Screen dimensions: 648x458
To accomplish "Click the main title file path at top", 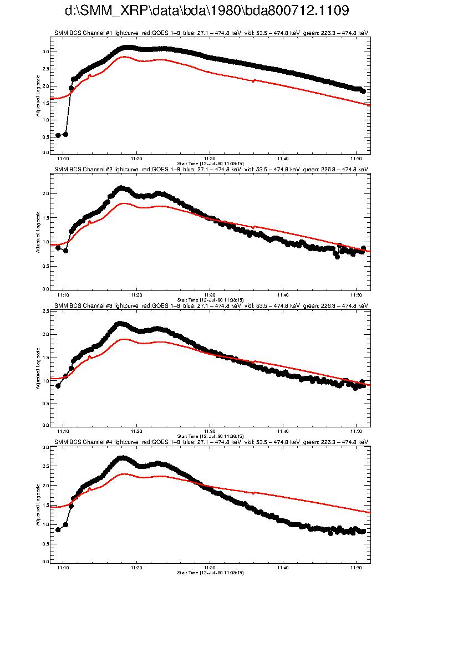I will [x=207, y=11].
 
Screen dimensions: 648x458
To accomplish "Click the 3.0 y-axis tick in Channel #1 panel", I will [x=45, y=52].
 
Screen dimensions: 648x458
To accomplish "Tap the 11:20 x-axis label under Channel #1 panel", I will [x=136, y=159].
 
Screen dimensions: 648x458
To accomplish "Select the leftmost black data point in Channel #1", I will [x=58, y=135].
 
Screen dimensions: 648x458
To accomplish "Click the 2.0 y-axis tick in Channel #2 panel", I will [x=45, y=193].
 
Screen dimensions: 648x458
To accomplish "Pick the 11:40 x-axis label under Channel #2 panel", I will [x=283, y=295].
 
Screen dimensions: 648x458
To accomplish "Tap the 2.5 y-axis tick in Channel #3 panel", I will [x=45, y=312].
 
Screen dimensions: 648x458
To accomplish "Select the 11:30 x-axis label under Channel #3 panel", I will [x=210, y=431].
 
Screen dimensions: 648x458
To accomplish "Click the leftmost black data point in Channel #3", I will [x=58, y=386].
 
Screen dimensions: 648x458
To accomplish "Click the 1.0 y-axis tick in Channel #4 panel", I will [x=45, y=524].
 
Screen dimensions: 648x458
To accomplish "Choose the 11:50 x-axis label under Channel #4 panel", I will [x=355, y=568].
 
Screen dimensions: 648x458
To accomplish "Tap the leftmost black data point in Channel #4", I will [x=58, y=530].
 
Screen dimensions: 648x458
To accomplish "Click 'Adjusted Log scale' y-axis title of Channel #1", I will [x=38, y=94].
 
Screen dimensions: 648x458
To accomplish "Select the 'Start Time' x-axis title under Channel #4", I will [x=210, y=573].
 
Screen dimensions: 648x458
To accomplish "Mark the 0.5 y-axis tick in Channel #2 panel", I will [x=45, y=266].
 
